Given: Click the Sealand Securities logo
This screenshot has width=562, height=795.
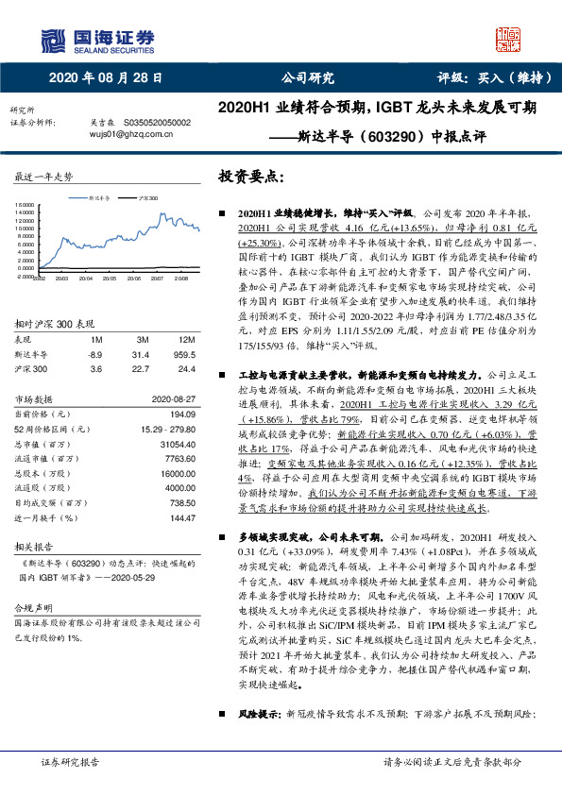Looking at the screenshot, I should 95,38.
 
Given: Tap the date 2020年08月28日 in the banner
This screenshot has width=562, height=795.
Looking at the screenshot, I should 105,78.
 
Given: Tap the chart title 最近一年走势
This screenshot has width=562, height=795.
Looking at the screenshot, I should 44,177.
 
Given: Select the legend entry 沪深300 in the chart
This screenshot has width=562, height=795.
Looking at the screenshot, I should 148,199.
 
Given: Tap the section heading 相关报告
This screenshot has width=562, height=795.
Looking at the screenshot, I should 37,548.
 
